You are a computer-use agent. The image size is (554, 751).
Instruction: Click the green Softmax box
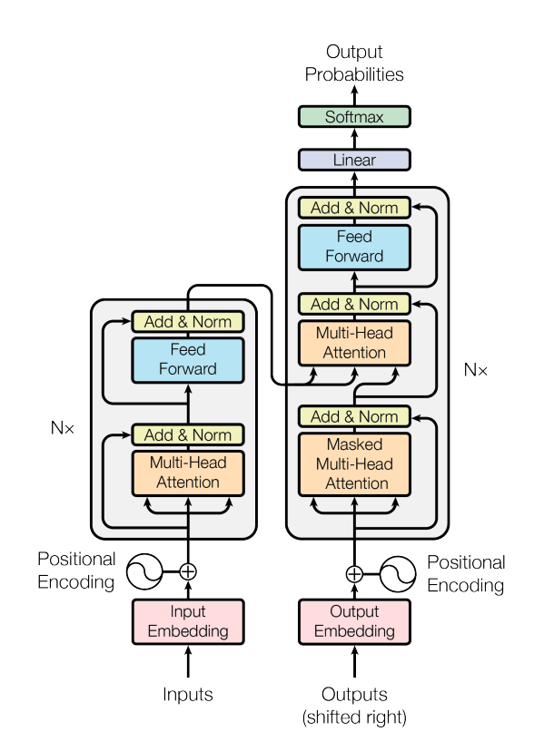click(x=354, y=117)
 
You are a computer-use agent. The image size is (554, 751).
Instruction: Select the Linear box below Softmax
click(x=354, y=161)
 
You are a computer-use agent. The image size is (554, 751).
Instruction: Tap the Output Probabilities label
click(x=354, y=63)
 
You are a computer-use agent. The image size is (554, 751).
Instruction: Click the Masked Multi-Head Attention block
click(x=354, y=464)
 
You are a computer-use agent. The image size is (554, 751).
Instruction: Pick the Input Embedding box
click(x=188, y=621)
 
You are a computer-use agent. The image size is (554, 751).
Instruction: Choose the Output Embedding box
click(x=354, y=621)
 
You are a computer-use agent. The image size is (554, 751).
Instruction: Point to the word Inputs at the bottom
click(x=188, y=695)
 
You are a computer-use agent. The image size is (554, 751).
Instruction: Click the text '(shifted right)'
click(x=354, y=717)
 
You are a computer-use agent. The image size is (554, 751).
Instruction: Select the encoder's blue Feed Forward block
click(x=188, y=359)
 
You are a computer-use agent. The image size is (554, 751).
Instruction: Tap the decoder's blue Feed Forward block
click(x=354, y=247)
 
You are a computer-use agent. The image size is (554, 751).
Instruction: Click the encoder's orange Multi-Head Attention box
click(x=188, y=472)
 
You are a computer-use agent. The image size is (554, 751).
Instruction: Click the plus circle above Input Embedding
click(x=188, y=571)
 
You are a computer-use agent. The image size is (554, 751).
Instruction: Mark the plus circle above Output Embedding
click(x=354, y=573)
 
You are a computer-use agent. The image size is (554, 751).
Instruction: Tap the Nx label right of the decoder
click(x=475, y=370)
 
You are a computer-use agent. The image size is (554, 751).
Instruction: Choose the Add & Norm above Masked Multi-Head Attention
click(x=354, y=416)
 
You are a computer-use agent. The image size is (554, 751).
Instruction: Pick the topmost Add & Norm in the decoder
click(x=354, y=208)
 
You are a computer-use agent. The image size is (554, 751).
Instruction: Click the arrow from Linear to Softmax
click(x=354, y=139)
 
